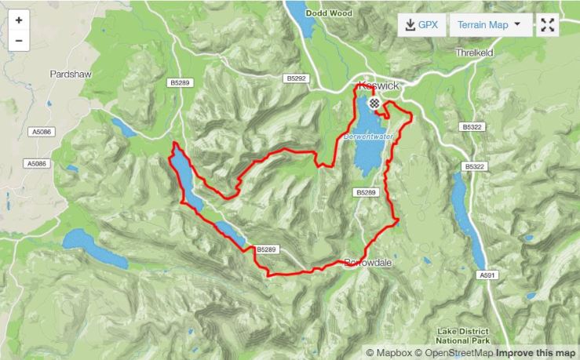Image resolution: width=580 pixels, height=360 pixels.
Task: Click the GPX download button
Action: pos(421,24)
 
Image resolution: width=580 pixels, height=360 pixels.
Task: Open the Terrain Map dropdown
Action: pos(488,24)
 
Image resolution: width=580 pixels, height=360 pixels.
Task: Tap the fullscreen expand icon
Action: pos(547,24)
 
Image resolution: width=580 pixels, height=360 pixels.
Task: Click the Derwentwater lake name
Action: pos(365,136)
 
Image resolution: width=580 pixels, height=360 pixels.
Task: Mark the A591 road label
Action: pos(488,276)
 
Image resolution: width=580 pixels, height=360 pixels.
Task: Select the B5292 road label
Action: pos(294,78)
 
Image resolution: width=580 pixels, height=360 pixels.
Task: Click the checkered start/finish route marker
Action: pos(374,102)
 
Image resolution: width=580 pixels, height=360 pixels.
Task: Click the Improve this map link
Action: pos(536,353)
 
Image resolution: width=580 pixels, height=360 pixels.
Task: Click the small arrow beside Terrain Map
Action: pos(517,24)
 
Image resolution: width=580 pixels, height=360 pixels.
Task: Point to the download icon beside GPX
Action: pos(410,24)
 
